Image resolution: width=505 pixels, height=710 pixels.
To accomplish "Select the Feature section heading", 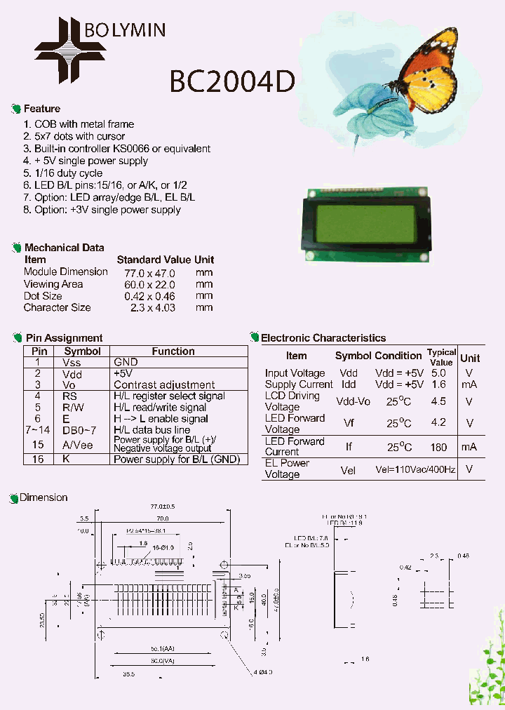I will click(42, 109).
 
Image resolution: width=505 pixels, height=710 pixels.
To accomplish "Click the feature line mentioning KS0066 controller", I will click(117, 149).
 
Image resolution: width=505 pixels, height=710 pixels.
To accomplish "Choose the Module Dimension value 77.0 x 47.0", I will click(149, 272).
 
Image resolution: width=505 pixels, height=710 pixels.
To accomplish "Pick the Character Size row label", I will click(58, 307).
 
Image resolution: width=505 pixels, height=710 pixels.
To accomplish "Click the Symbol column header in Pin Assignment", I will click(83, 351).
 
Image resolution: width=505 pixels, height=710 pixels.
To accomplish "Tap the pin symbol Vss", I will click(72, 363).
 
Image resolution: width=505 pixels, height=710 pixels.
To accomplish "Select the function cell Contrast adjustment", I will click(164, 385).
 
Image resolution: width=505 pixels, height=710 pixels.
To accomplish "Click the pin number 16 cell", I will click(39, 459).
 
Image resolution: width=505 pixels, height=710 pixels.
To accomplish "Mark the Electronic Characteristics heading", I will click(323, 338).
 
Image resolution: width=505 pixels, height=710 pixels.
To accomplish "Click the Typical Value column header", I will click(441, 357).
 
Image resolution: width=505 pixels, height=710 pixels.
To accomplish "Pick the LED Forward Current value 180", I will click(438, 447).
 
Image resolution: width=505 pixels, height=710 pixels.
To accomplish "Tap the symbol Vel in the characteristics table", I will click(348, 469).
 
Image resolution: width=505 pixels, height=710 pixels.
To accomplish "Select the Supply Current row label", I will click(299, 384).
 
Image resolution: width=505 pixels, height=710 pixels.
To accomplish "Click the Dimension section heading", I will click(43, 497).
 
